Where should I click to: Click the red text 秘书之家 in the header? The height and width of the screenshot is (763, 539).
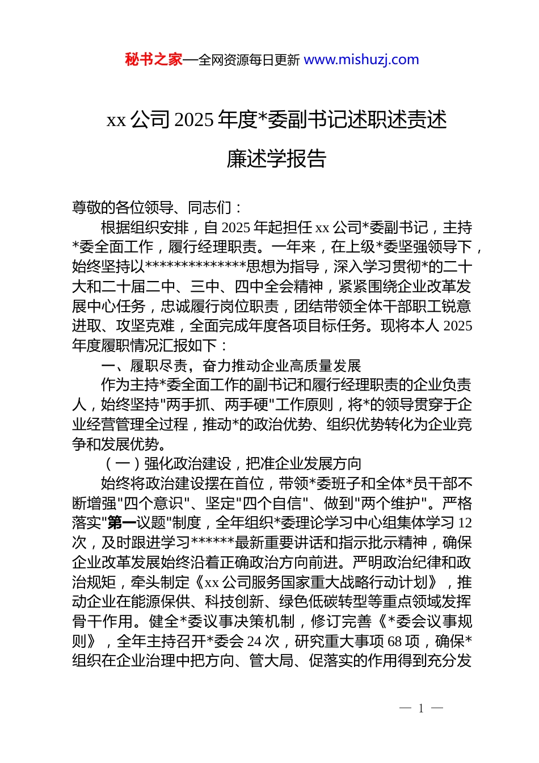coord(154,60)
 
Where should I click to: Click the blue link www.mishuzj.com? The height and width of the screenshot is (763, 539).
coord(361,60)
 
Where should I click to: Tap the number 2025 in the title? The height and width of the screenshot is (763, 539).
coord(194,120)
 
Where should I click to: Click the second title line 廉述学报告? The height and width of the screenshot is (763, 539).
coord(276,159)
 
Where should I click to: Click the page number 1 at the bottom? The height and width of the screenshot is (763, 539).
coord(421,708)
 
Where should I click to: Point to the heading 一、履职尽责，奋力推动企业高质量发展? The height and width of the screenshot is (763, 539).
coord(231,366)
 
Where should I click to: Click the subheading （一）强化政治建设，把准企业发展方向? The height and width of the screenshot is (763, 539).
coord(231,464)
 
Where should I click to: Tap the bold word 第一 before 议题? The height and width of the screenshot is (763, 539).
coord(122,523)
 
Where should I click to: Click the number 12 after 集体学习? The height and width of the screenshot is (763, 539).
coord(465,523)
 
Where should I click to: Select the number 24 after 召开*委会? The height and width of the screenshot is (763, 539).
coord(255,642)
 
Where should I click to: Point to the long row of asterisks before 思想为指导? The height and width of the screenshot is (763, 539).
coord(196,267)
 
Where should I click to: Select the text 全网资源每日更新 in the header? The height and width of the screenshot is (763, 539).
coord(249,60)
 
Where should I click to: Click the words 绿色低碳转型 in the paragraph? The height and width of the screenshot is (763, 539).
coord(324,602)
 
